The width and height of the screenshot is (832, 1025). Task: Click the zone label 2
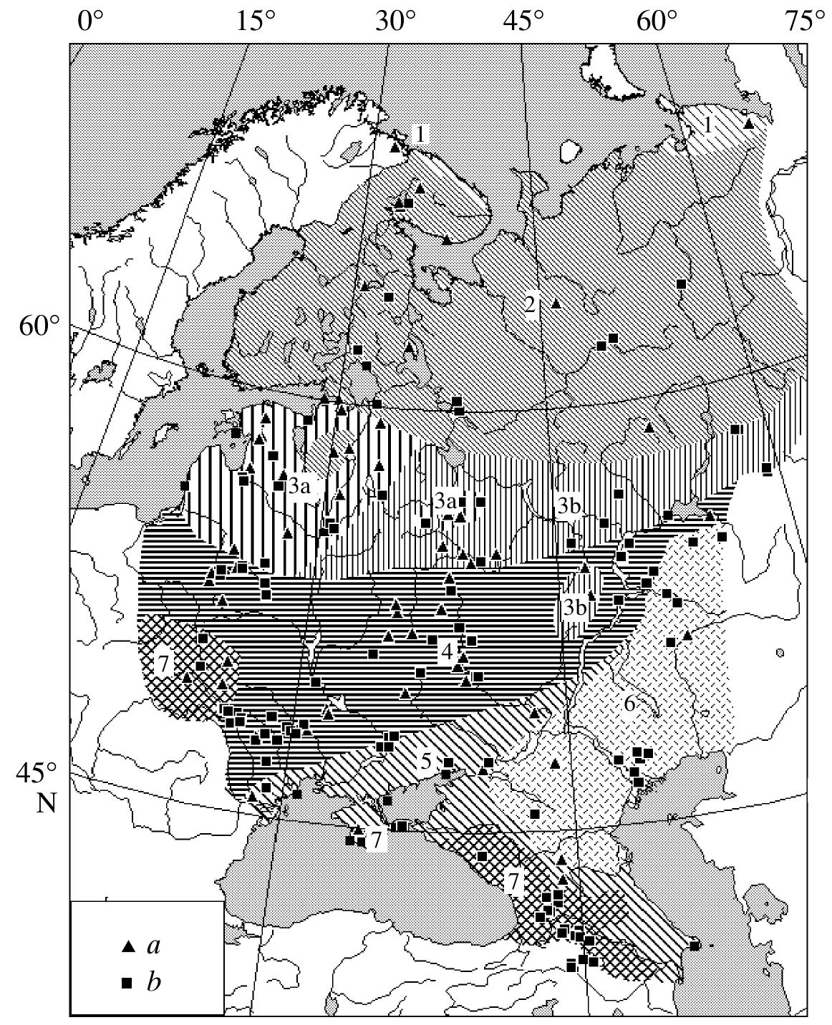(530, 304)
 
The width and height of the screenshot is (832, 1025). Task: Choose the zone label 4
(448, 651)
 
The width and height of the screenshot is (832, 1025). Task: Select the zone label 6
(629, 704)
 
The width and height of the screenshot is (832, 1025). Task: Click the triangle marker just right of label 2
(555, 303)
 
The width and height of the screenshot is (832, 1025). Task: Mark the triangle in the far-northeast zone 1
(749, 124)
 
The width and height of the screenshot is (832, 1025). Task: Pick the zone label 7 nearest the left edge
(163, 664)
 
